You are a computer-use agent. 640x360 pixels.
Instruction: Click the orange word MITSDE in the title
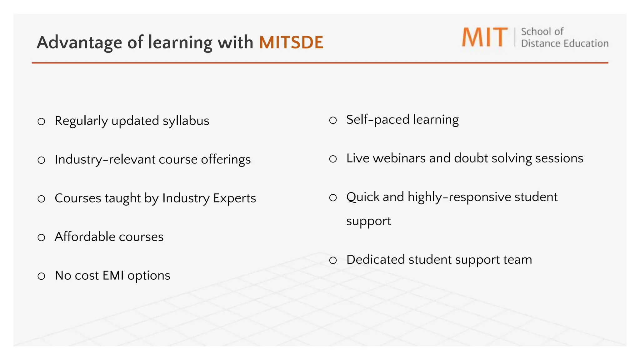coord(291,42)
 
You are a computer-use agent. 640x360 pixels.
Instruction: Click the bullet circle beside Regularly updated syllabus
coord(41,122)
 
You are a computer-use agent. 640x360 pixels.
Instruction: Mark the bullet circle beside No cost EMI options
coord(41,276)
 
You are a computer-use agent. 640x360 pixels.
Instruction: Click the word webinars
coord(399,158)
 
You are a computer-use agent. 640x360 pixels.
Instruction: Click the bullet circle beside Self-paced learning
coord(333,120)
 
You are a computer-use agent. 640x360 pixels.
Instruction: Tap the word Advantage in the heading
coord(79,42)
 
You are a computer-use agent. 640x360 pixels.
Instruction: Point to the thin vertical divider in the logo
coord(515,37)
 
